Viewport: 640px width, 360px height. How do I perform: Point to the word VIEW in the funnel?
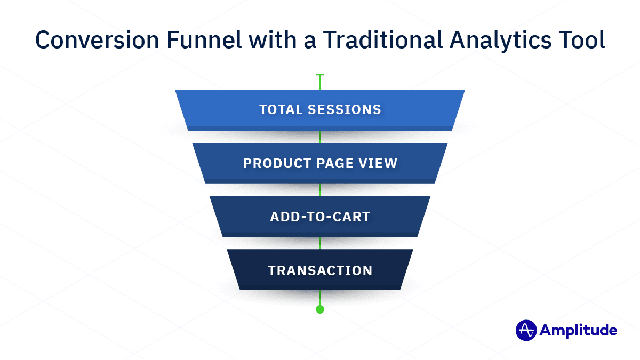coord(380,163)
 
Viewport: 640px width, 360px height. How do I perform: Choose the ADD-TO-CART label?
coord(320,217)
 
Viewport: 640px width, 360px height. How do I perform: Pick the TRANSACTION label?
coord(320,270)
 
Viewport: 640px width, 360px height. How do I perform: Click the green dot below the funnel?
coord(320,309)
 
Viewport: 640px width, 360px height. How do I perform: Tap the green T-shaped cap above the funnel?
coord(320,76)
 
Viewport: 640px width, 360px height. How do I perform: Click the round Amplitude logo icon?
coord(525,330)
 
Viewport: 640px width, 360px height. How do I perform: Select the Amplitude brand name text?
coord(578,330)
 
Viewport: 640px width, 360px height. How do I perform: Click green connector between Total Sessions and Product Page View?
coord(320,137)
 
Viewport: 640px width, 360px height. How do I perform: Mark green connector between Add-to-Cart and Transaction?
coord(320,243)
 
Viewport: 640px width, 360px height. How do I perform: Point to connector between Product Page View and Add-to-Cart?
coord(320,190)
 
